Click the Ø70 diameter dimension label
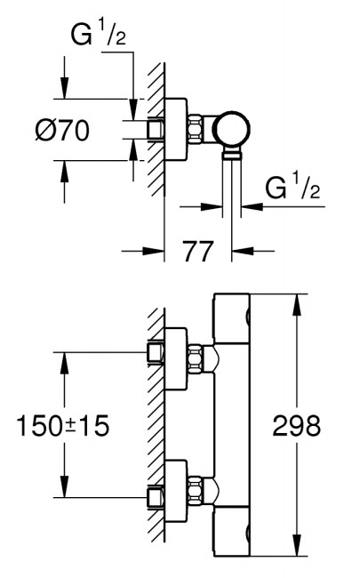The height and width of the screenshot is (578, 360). click(x=62, y=131)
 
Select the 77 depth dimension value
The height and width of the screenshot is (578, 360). click(x=198, y=252)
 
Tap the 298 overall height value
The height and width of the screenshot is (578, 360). click(x=297, y=426)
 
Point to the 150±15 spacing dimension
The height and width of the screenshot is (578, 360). click(x=63, y=426)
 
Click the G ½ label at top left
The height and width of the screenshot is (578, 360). click(x=98, y=36)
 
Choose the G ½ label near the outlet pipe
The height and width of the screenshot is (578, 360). click(x=292, y=189)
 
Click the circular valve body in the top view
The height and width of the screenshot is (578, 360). click(x=233, y=129)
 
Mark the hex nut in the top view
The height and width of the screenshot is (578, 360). click(x=196, y=129)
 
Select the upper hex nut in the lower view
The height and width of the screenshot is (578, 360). click(x=196, y=358)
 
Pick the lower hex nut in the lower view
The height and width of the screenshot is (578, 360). click(x=196, y=491)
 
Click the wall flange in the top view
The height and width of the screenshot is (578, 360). click(x=175, y=130)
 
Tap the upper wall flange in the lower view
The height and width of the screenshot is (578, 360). click(x=175, y=358)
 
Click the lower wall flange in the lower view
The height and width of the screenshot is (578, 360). click(x=175, y=491)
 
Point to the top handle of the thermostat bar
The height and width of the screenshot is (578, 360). click(x=232, y=318)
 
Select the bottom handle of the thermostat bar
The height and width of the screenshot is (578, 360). click(x=232, y=531)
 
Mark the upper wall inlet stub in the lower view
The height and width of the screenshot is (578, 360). click(x=156, y=353)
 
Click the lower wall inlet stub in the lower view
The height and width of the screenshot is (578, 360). click(x=156, y=498)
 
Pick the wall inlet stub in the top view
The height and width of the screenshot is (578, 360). click(x=156, y=130)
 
